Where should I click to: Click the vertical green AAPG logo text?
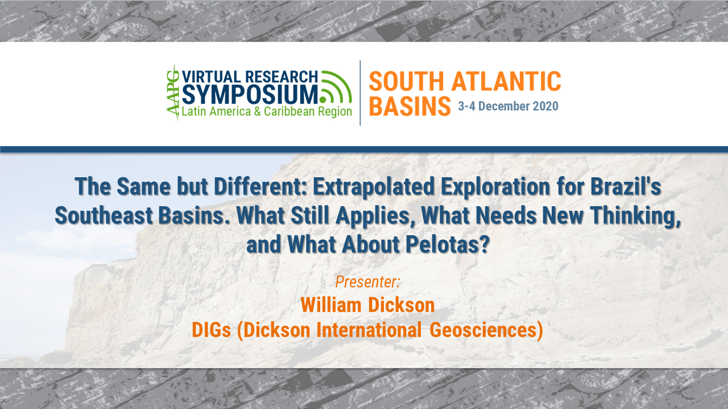point(172,93)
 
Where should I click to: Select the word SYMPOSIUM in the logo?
point(250,93)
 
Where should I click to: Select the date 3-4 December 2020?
point(508,106)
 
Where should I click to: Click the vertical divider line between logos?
point(360,93)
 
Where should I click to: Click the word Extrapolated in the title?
point(363,186)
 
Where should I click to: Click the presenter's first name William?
point(331,305)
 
